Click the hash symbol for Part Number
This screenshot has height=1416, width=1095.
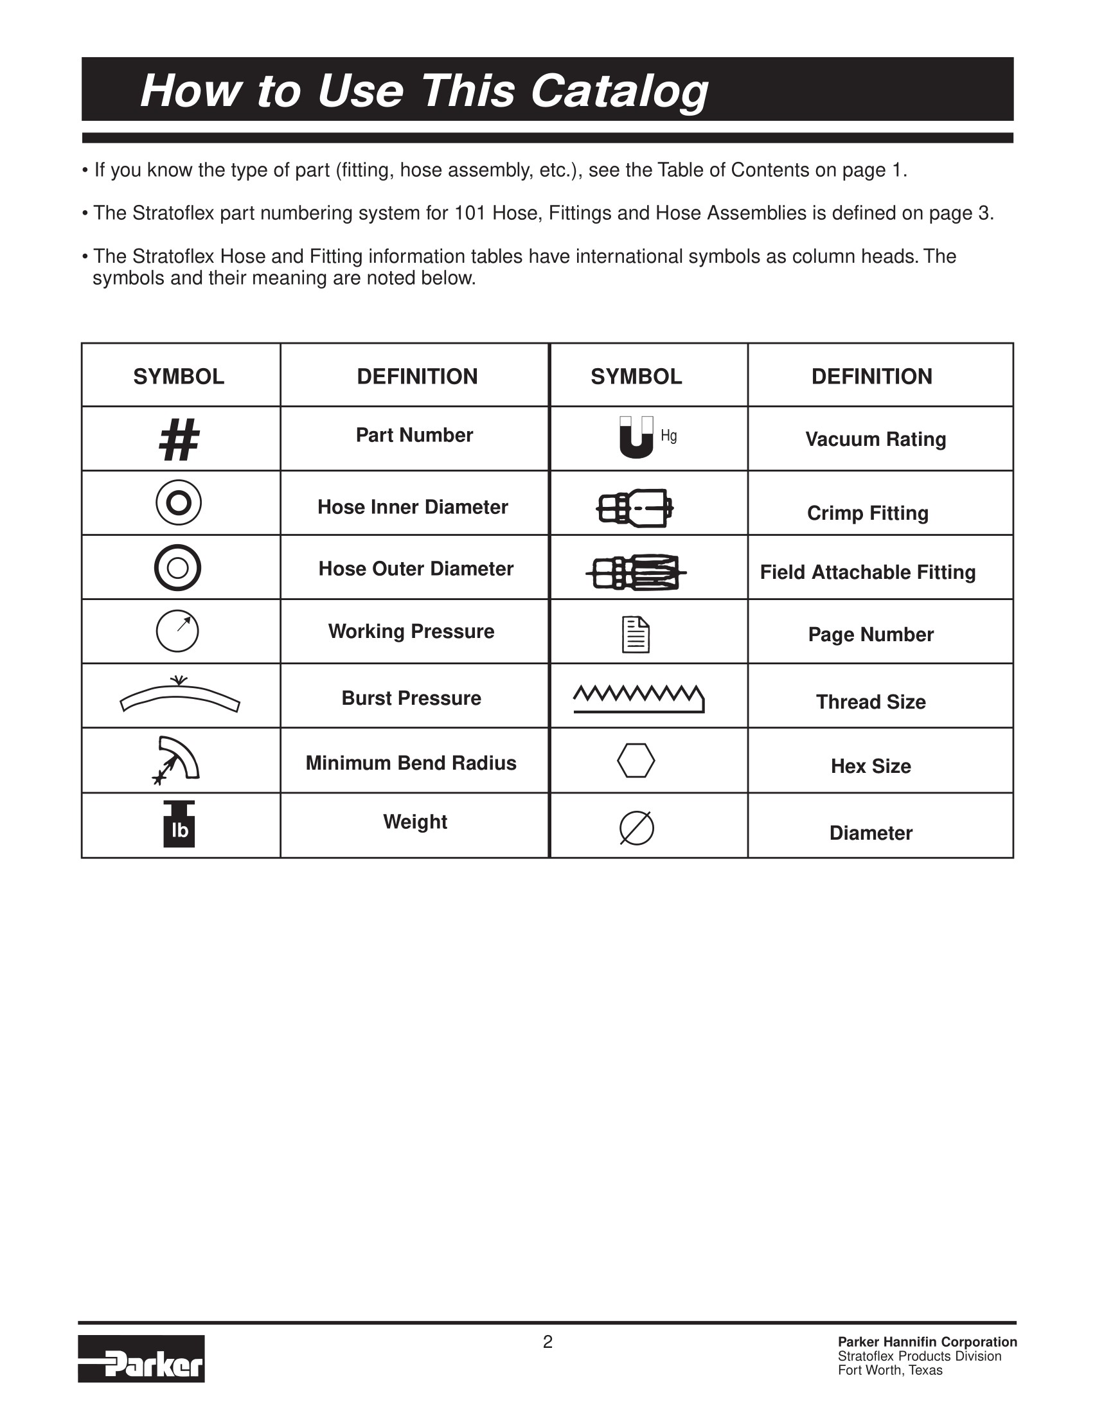(179, 439)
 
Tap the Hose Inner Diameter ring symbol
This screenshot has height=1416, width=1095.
(178, 502)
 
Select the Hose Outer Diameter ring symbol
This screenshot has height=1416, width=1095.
(177, 567)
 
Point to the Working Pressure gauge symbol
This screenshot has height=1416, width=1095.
(177, 631)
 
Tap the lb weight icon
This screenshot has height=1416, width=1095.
(179, 825)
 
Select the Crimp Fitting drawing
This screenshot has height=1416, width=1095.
(635, 508)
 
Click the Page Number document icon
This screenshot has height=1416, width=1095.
(636, 634)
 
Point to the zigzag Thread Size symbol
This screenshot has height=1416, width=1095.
(639, 699)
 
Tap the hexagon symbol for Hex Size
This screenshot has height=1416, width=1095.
(636, 761)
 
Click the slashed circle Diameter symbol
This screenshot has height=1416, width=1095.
(637, 828)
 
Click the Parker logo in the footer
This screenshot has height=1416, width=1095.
(141, 1358)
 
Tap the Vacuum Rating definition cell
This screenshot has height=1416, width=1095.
(876, 439)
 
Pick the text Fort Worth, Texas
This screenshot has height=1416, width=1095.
(890, 1370)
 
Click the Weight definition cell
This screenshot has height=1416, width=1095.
(415, 822)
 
